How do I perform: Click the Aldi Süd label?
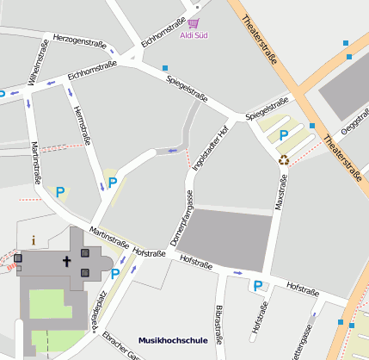194,35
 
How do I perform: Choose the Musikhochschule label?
172,341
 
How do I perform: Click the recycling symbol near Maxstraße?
283,158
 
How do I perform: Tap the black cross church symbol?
65,260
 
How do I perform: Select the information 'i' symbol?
34,240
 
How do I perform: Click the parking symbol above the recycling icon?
283,135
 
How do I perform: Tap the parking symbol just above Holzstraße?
256,285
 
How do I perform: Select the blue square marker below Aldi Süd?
165,67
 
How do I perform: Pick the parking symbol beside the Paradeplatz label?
115,274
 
